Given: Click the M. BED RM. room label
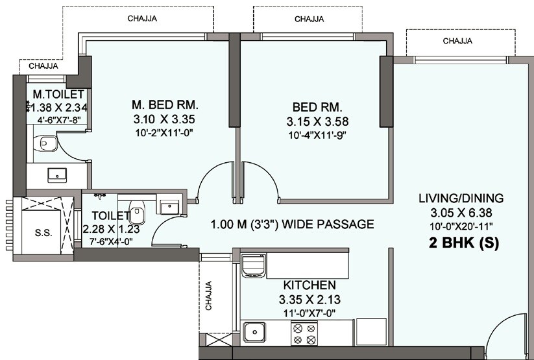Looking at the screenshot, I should pos(164,104).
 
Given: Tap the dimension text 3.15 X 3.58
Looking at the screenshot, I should pos(313,121).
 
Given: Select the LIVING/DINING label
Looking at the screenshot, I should pos(460,198).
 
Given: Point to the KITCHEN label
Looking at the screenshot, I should pos(309,285).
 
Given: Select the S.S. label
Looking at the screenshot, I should pos(43,233).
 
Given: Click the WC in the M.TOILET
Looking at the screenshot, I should pos(47,143).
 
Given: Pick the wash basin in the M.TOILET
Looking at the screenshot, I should pos(57,174).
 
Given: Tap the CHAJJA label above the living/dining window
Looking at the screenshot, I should pos(457,41).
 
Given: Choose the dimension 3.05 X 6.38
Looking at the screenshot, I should pos(460,213).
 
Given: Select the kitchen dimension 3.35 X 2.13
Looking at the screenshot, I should pos(309,300).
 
